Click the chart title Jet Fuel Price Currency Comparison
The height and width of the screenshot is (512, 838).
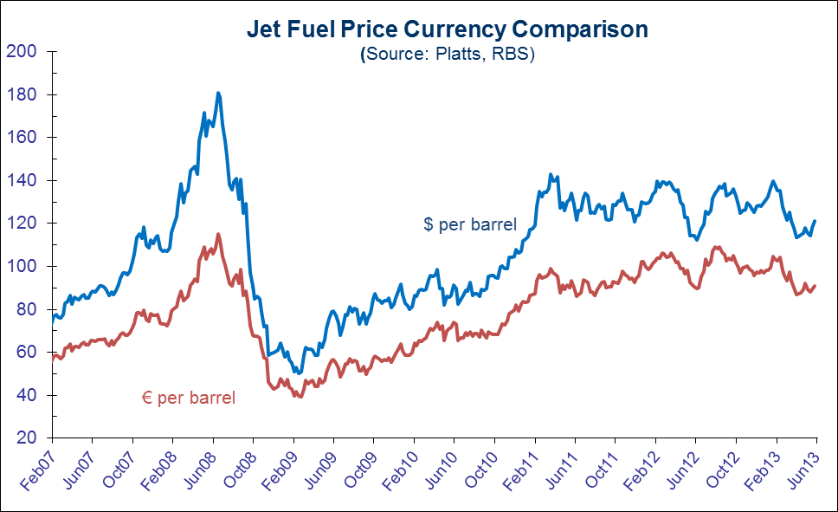pyautogui.click(x=448, y=29)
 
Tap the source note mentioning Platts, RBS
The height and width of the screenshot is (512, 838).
pyautogui.click(x=448, y=54)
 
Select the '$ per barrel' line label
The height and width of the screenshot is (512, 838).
pyautogui.click(x=470, y=224)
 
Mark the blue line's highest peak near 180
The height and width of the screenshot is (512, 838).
pyautogui.click(x=218, y=93)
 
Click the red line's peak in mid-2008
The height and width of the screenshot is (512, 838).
pyautogui.click(x=217, y=234)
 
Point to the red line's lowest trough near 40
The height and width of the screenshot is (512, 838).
pyautogui.click(x=300, y=397)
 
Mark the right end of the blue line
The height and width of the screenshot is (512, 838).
pyautogui.click(x=815, y=222)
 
